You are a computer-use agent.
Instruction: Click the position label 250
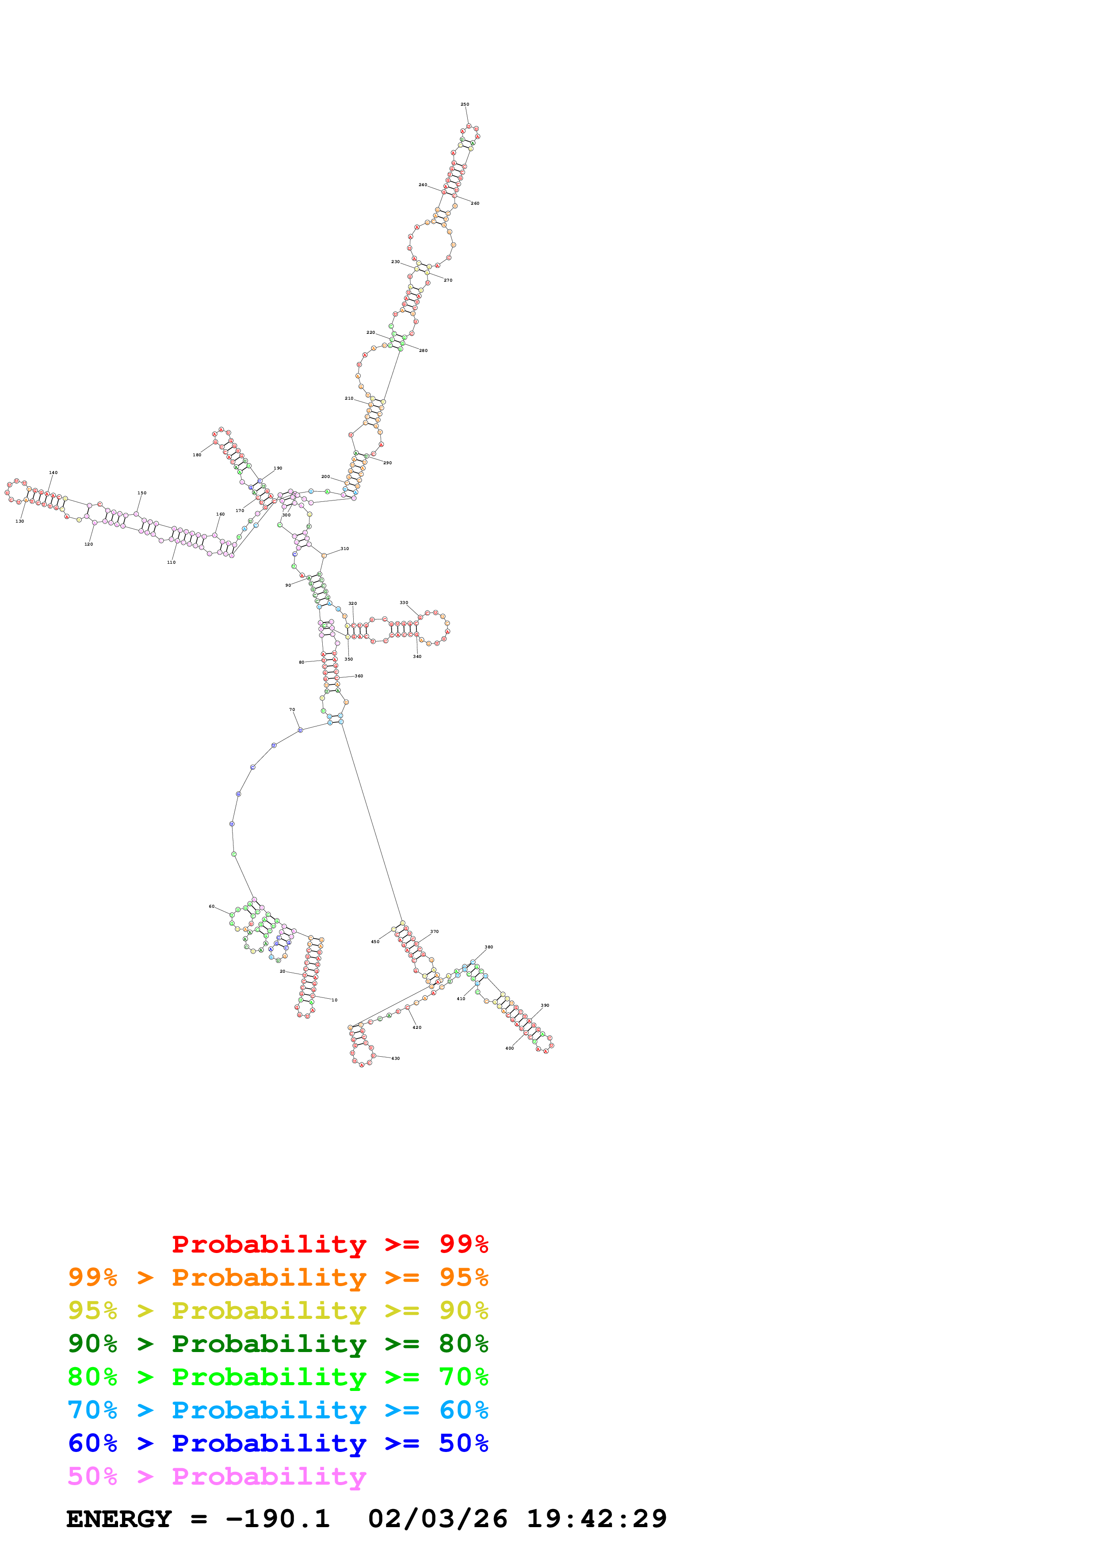tap(465, 105)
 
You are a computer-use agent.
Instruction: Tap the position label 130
tap(19, 522)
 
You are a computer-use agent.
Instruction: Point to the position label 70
tap(292, 710)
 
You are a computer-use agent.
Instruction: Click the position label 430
tap(396, 1058)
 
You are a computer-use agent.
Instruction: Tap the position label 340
tap(417, 657)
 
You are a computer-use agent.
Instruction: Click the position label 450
tap(375, 942)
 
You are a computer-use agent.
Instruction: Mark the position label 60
tap(211, 906)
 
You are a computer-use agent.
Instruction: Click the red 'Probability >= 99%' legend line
tap(329, 1244)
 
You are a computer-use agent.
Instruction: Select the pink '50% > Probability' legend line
tap(217, 1477)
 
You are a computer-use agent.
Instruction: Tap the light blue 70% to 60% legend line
tap(278, 1410)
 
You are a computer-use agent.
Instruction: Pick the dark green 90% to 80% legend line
tap(278, 1344)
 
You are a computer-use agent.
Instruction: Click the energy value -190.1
tap(278, 1519)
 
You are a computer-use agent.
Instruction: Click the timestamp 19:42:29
tap(597, 1519)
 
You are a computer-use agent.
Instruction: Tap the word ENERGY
tap(119, 1519)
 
